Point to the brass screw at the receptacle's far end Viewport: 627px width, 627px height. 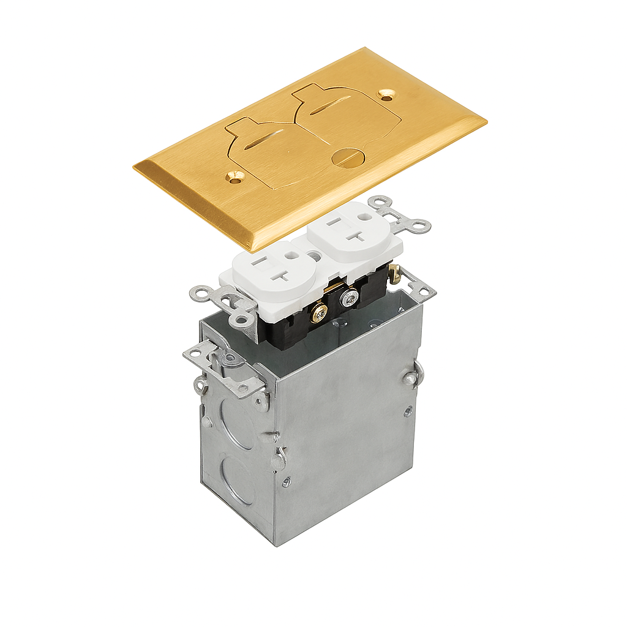tap(395, 274)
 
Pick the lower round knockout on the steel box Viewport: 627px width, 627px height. tap(238, 481)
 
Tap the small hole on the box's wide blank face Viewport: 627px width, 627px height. tap(408, 411)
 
